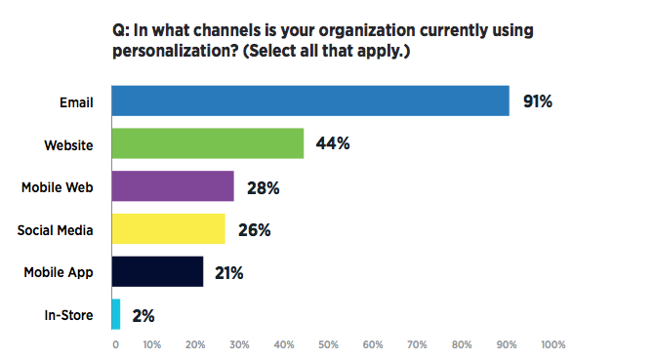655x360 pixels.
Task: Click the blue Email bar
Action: [310, 101]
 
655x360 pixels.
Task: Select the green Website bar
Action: [208, 144]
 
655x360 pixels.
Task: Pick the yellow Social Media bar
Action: [169, 229]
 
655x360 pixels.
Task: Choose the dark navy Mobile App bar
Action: [158, 272]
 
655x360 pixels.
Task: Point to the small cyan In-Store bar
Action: [116, 314]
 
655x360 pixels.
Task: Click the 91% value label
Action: [538, 101]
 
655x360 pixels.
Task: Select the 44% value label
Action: [333, 144]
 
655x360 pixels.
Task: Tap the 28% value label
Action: [263, 187]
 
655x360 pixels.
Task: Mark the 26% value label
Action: [254, 230]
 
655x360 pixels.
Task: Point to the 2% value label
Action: [142, 315]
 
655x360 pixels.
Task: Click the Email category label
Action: [74, 101]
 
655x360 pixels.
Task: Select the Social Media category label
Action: [56, 230]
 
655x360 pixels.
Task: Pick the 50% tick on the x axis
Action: [328, 344]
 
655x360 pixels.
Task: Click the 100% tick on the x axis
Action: [552, 344]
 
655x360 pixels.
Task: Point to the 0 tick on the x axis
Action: [115, 344]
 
